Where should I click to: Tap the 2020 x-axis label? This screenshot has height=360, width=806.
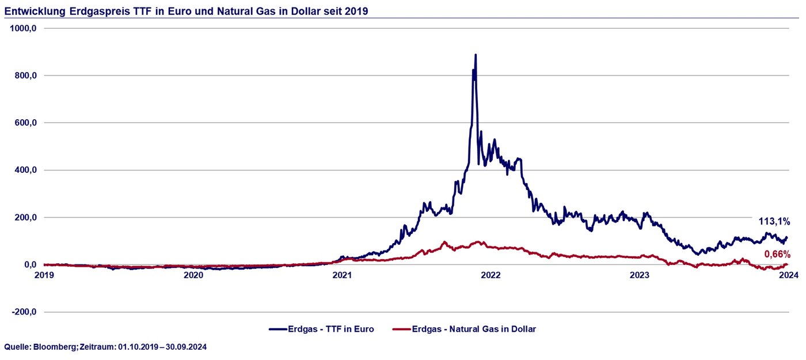point(193,275)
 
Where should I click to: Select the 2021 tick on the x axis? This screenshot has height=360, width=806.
point(342,275)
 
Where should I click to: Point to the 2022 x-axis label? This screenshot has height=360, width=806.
point(491,275)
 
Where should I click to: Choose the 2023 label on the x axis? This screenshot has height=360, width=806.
point(640,275)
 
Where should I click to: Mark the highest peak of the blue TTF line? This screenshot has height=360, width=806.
point(476,55)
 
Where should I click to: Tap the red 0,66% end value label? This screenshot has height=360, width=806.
point(777,254)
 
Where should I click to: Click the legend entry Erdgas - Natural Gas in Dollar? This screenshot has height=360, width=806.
point(474,329)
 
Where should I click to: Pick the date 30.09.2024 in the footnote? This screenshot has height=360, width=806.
point(186,347)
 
